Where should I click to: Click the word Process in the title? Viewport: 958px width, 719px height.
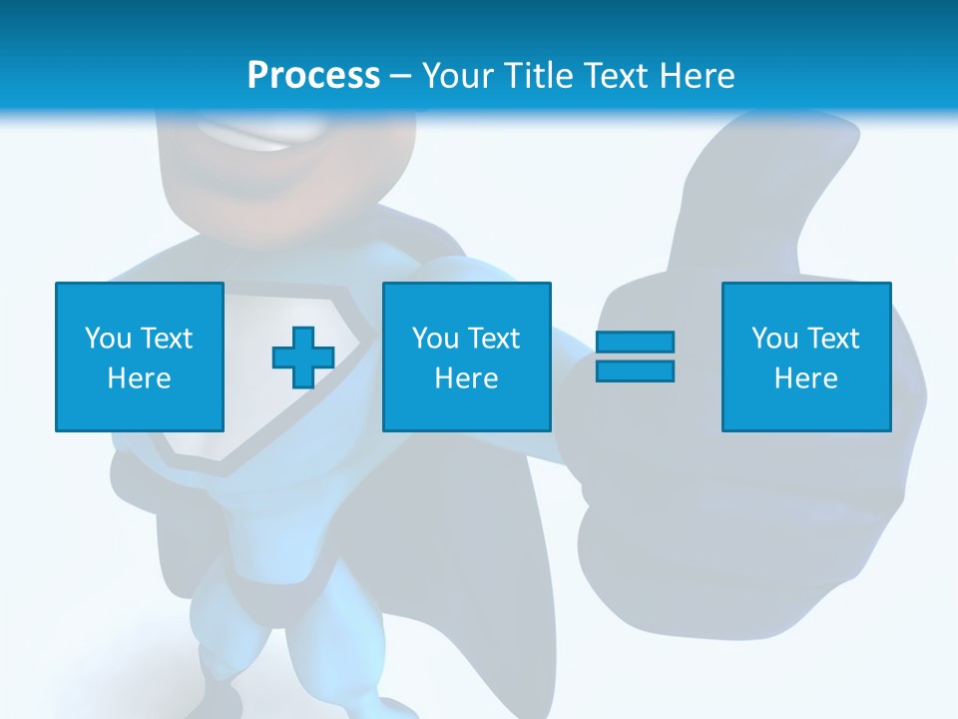point(313,76)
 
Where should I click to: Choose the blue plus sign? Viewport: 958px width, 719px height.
point(303,358)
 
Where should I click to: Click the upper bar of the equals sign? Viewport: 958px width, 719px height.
point(635,343)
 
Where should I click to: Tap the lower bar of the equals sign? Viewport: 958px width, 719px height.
point(635,370)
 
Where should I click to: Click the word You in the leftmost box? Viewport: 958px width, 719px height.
point(108,339)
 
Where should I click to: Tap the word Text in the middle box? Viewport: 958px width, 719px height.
point(493,339)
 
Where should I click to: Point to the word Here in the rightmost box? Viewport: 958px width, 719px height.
point(806,378)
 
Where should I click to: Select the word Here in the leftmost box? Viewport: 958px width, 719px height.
point(140,378)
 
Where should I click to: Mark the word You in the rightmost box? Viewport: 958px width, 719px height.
point(774,339)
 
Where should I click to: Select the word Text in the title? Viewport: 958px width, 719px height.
point(611,76)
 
